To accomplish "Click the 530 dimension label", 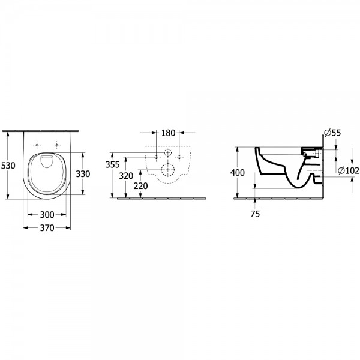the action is coord(8,166).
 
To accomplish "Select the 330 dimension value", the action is coord(83,174).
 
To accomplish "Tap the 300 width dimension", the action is coord(47,215).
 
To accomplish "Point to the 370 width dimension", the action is coord(47,228).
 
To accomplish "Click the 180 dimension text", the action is coord(168,133).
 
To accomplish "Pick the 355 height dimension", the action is coord(112,164).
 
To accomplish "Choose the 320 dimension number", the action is coord(126,176).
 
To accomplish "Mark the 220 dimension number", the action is coord(140,186).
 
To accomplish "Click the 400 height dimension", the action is coord(238,172).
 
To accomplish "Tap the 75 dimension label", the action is coord(255,214).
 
